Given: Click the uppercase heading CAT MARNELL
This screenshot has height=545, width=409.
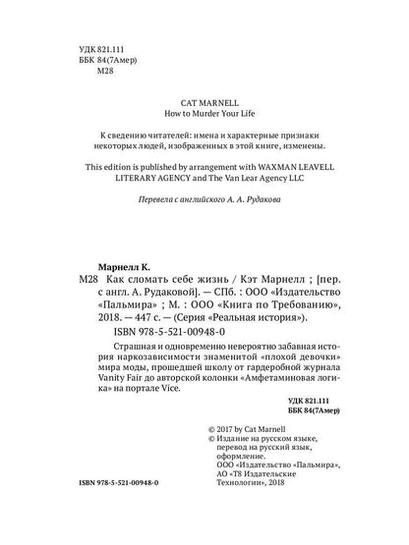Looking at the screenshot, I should tap(204, 101).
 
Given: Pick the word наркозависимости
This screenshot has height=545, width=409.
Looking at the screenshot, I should tap(150, 376).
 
